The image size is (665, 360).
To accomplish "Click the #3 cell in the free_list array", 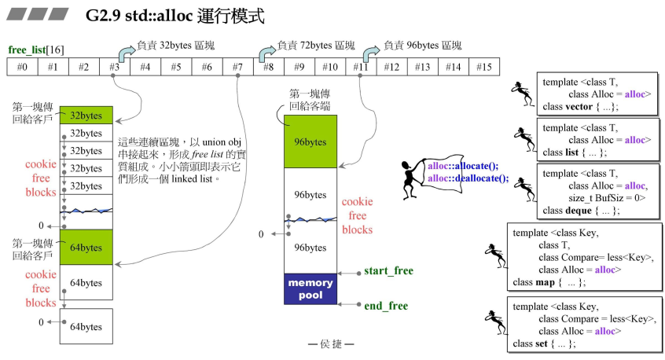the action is point(115,67).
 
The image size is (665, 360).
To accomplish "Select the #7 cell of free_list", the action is point(237,67).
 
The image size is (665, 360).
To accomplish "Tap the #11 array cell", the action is point(361,67).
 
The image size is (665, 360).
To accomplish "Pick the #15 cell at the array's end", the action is point(483,67).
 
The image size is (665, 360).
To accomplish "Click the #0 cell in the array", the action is point(23,67).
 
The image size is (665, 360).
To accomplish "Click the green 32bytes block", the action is point(86,115).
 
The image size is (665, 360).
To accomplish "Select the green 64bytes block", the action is point(86,248).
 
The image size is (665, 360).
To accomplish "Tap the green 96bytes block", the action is point(310,142).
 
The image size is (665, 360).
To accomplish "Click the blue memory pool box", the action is point(310,288).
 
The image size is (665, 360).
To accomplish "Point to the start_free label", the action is point(388,271).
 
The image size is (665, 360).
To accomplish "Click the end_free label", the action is point(386,306).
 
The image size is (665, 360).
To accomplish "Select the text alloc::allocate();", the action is point(463,166).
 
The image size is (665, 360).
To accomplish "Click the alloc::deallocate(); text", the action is point(468,178).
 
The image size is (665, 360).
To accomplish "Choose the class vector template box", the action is point(596,94).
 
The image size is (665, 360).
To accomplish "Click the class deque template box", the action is point(596,191).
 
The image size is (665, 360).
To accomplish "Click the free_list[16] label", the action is point(36,50).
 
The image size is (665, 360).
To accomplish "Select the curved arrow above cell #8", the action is point(266,53).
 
